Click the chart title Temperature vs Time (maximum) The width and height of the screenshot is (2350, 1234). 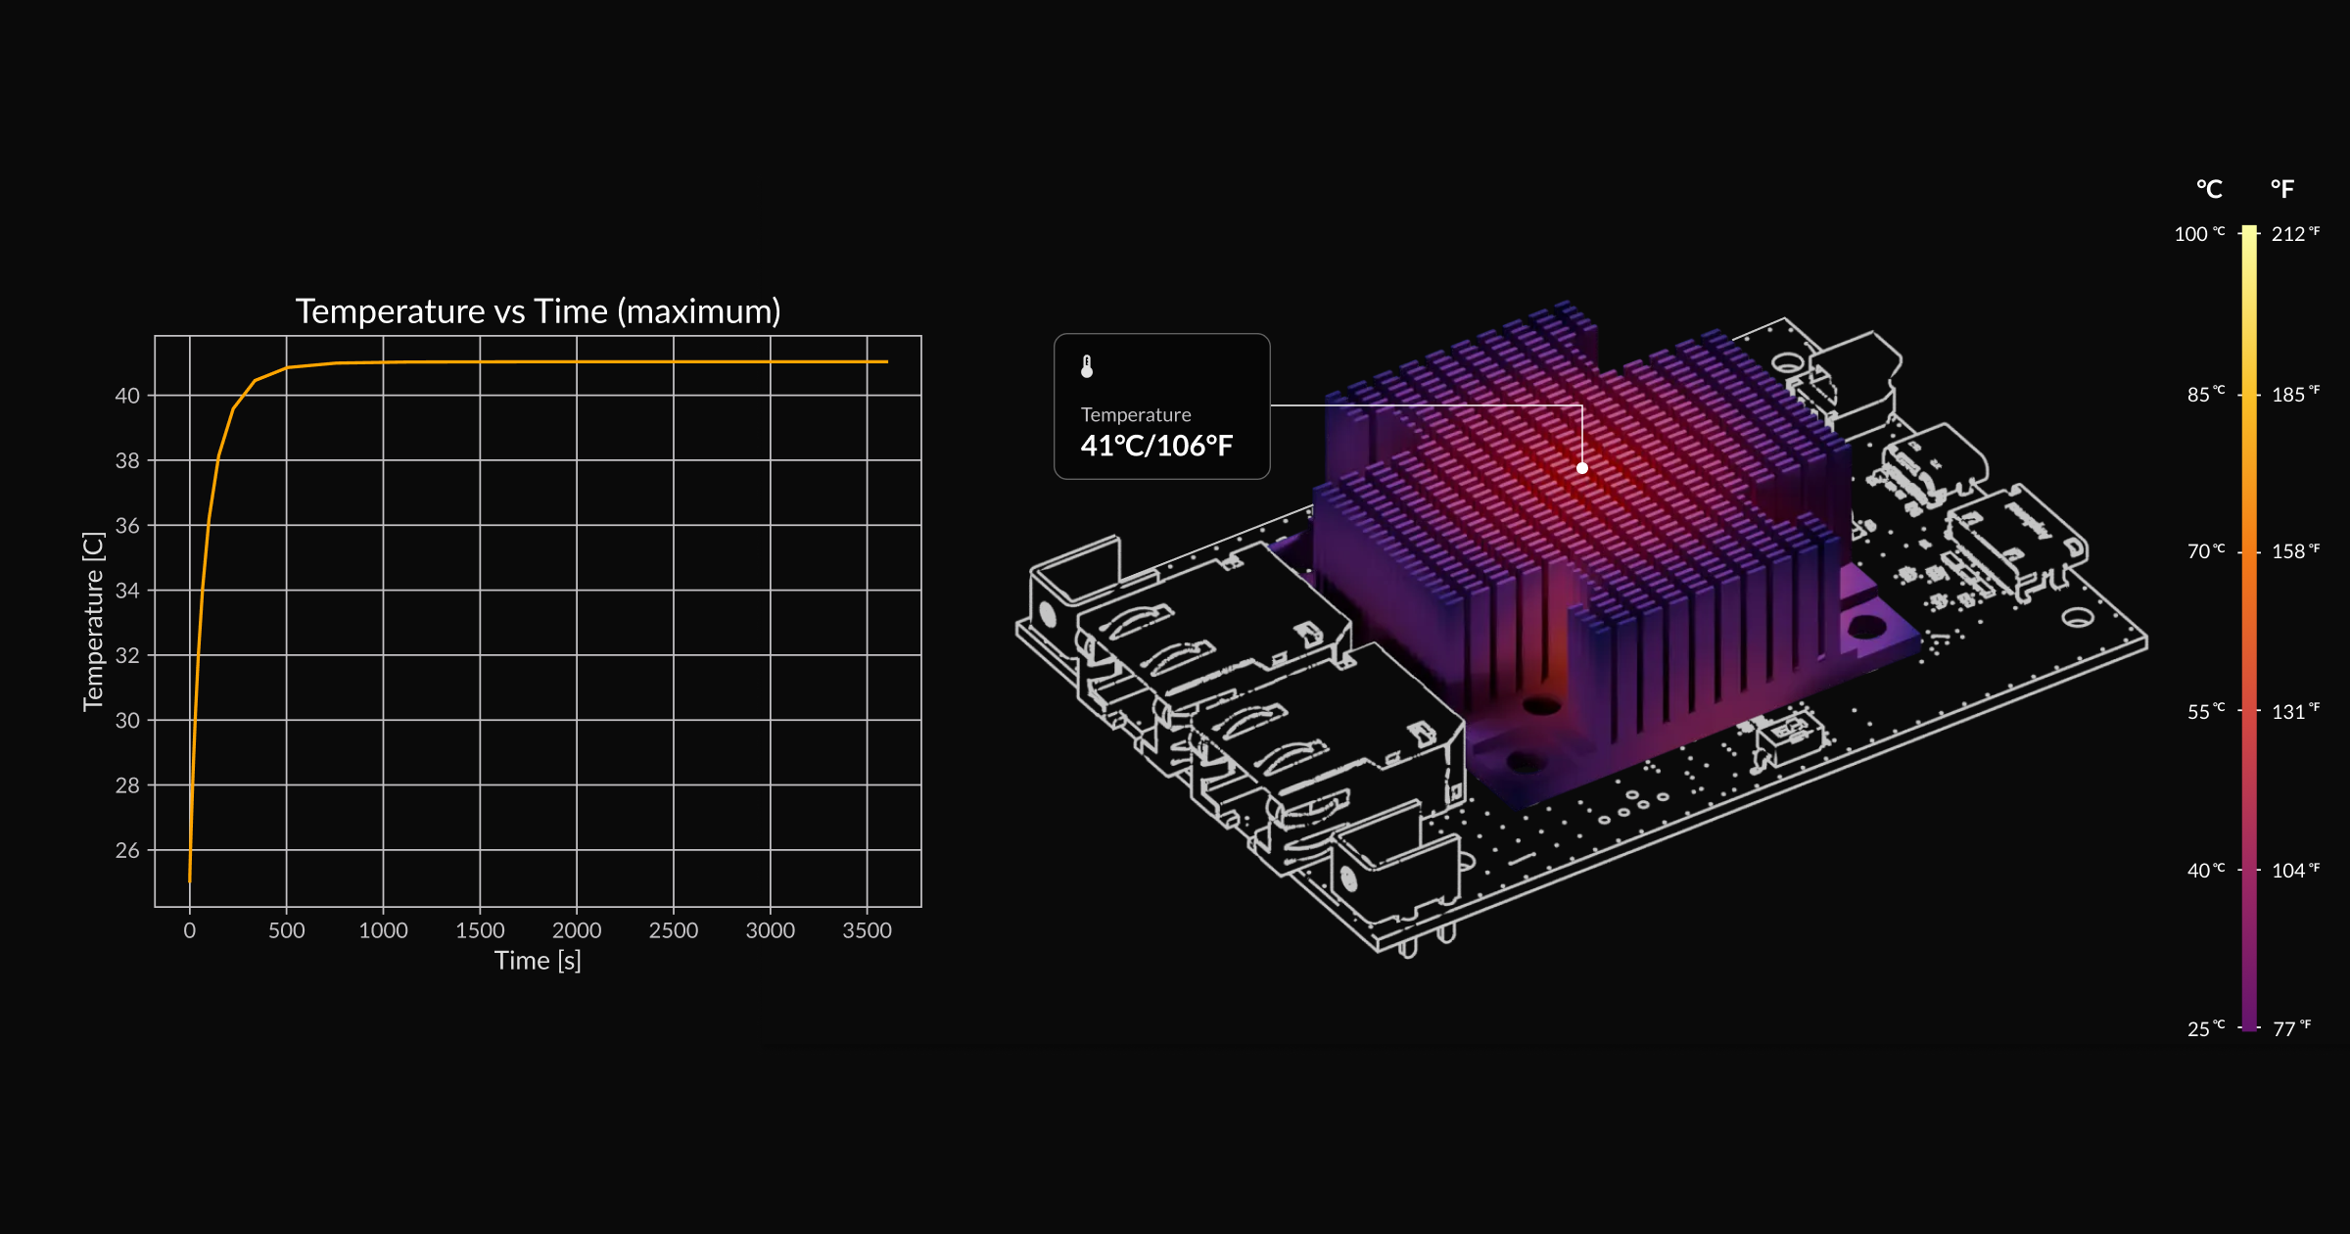(x=538, y=311)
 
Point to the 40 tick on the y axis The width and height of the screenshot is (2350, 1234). (x=127, y=396)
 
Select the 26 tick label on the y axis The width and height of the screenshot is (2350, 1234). (x=127, y=850)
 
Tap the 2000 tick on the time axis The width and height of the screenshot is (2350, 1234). (x=576, y=930)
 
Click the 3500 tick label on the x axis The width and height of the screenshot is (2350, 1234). (x=867, y=930)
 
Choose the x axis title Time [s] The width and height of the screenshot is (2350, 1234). (x=538, y=961)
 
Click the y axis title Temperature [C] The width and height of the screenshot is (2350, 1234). (x=93, y=622)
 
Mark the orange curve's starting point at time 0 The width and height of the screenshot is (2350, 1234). (x=190, y=880)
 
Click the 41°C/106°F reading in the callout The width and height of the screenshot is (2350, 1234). (x=1156, y=447)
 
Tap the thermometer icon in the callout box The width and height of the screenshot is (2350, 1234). (x=1087, y=366)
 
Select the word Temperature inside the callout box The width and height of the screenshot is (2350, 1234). (x=1136, y=415)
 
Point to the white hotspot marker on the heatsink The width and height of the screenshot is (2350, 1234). (x=1582, y=468)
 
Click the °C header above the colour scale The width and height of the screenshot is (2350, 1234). (x=2209, y=189)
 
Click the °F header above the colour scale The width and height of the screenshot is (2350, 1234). (x=2282, y=189)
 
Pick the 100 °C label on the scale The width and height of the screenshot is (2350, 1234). (x=2198, y=234)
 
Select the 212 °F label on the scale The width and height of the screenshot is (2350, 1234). (x=2294, y=234)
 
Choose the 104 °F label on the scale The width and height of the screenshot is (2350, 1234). (x=2294, y=871)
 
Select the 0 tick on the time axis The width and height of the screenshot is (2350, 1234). (x=190, y=930)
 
